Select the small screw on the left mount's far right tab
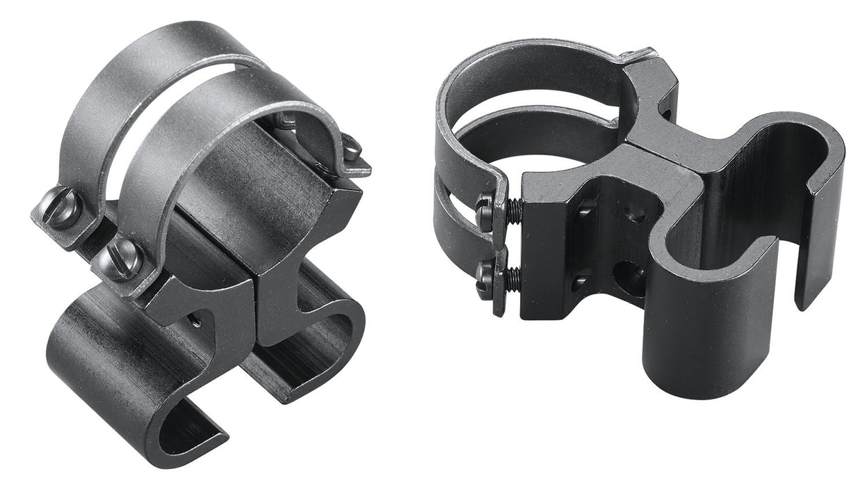[352, 148]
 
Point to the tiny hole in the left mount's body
[197, 321]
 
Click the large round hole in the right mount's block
[629, 278]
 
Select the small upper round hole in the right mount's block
[634, 212]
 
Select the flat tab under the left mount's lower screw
[139, 282]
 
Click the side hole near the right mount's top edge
[666, 111]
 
